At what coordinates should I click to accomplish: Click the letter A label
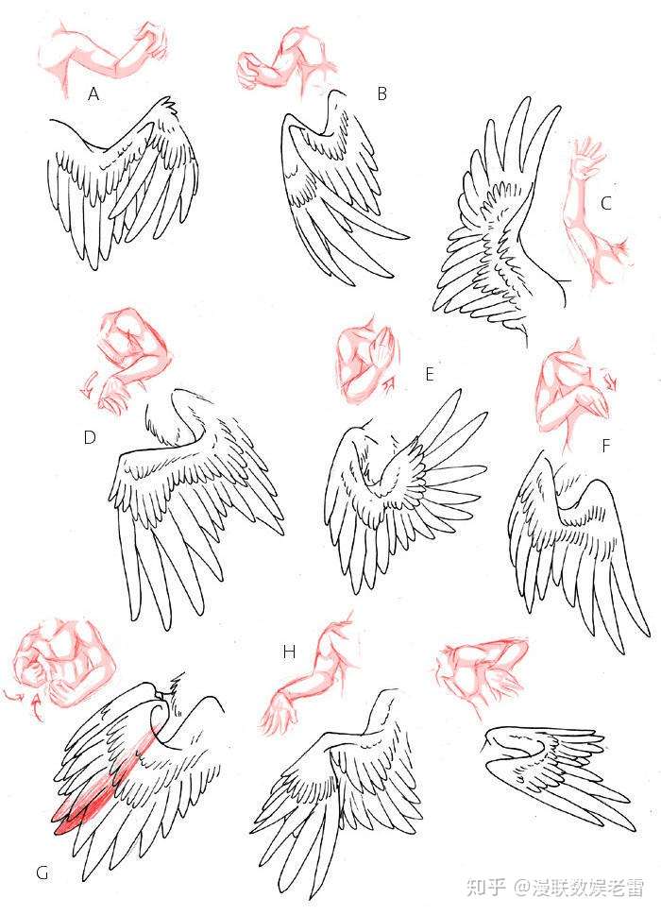[93, 93]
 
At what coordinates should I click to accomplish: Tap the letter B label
[382, 93]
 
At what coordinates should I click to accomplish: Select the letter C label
[606, 203]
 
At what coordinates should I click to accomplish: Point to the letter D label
[90, 437]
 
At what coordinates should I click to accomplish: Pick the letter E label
[430, 374]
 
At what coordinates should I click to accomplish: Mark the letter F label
[605, 446]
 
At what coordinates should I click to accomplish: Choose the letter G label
[42, 873]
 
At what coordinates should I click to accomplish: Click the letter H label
[289, 652]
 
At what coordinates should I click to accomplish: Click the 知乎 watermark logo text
[485, 888]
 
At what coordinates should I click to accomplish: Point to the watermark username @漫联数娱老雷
[579, 888]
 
